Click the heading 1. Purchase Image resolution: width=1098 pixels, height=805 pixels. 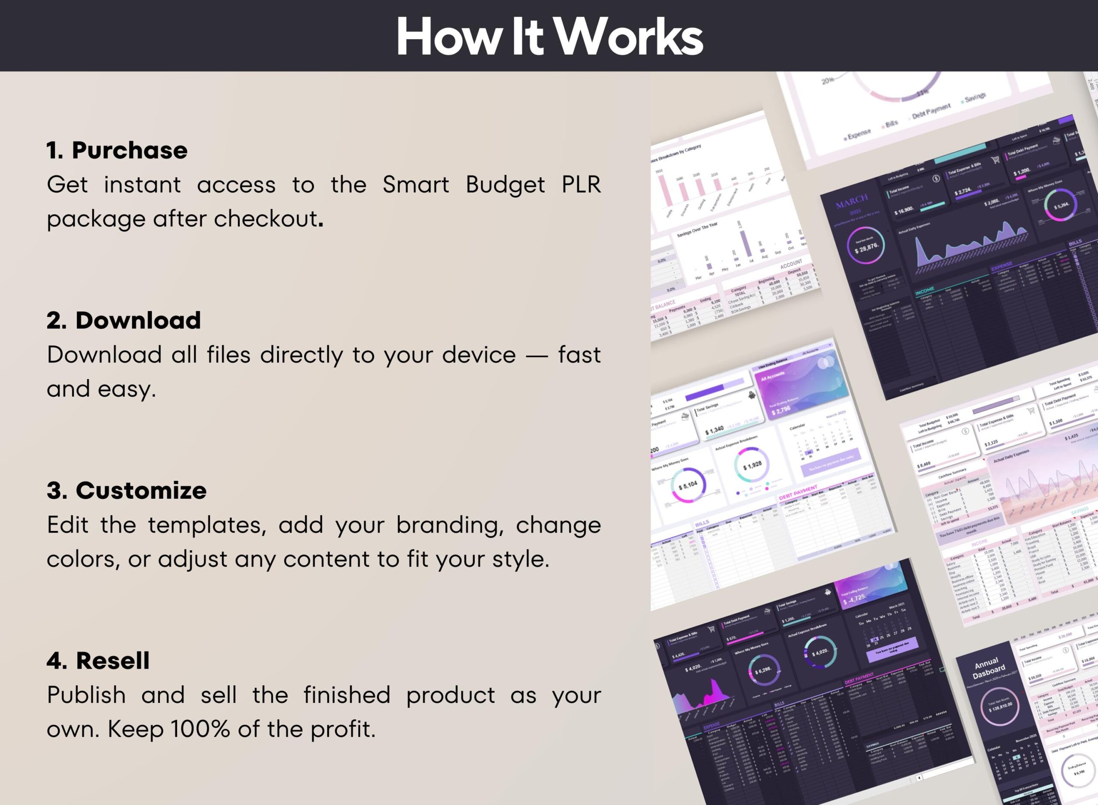(117, 150)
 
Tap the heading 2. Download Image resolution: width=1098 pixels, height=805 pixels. (124, 320)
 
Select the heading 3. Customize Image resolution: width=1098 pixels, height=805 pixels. (127, 490)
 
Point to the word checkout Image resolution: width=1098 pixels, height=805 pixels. (265, 219)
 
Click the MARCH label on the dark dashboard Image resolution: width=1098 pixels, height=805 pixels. (852, 200)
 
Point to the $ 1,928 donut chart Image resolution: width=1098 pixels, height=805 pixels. (752, 465)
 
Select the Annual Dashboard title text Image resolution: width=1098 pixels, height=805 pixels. (988, 668)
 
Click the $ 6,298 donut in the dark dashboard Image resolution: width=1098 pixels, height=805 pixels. (763, 670)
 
